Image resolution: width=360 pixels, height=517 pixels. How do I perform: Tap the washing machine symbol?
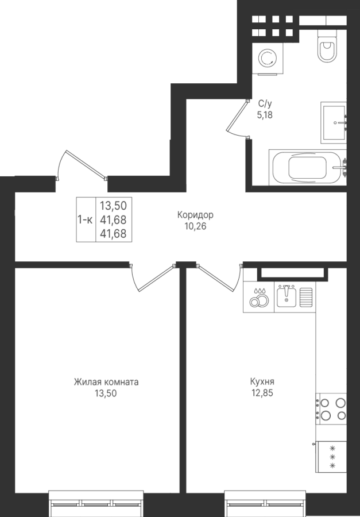(x=268, y=59)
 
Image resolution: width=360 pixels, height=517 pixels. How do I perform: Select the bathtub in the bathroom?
(x=307, y=167)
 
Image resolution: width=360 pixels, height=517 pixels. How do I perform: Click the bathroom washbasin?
(x=333, y=122)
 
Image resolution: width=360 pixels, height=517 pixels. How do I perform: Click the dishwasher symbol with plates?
(x=259, y=297)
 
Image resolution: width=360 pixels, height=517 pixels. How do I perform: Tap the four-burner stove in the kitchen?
(x=331, y=408)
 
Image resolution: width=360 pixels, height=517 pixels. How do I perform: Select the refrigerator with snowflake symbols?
(x=331, y=457)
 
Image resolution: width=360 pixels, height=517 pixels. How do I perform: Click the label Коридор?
(x=195, y=215)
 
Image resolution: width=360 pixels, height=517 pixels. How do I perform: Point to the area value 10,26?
(x=195, y=226)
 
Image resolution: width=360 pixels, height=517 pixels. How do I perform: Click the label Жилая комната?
(x=106, y=382)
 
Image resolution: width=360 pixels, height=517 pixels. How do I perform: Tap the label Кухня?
(x=262, y=382)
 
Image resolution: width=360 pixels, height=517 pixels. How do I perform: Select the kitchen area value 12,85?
(x=262, y=393)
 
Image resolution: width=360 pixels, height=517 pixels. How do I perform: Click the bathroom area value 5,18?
(x=265, y=115)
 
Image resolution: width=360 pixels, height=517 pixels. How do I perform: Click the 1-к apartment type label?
(x=85, y=219)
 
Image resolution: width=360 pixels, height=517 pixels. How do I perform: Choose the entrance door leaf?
(x=86, y=164)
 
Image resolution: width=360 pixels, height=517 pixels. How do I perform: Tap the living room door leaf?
(x=156, y=277)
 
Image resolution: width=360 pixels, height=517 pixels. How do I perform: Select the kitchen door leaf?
(x=215, y=277)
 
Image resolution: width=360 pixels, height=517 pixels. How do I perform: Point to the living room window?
(x=96, y=503)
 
